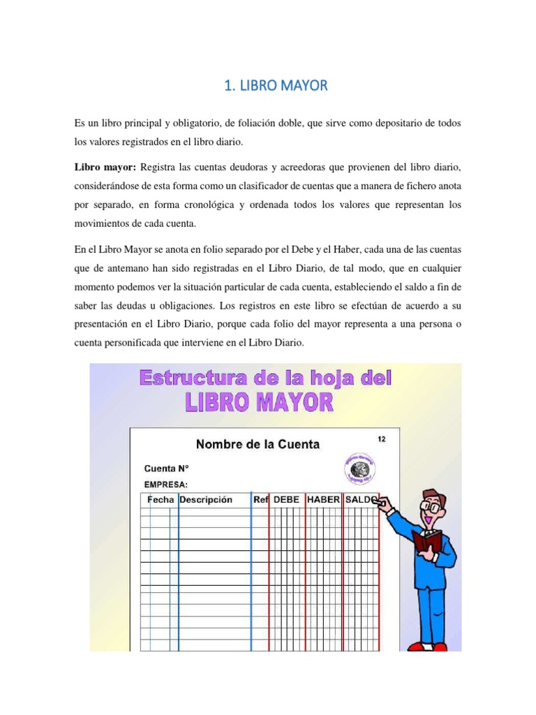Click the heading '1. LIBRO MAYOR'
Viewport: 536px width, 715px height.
click(275, 87)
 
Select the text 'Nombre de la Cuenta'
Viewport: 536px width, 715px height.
click(257, 444)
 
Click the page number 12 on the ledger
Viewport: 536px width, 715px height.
click(381, 439)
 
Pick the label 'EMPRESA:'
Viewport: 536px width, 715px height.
click(166, 484)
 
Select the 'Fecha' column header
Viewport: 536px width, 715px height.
click(161, 500)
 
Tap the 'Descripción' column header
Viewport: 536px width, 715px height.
click(205, 500)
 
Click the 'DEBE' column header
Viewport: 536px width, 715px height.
click(286, 500)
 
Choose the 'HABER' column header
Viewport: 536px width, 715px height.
click(323, 500)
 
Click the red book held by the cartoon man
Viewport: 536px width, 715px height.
click(427, 543)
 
